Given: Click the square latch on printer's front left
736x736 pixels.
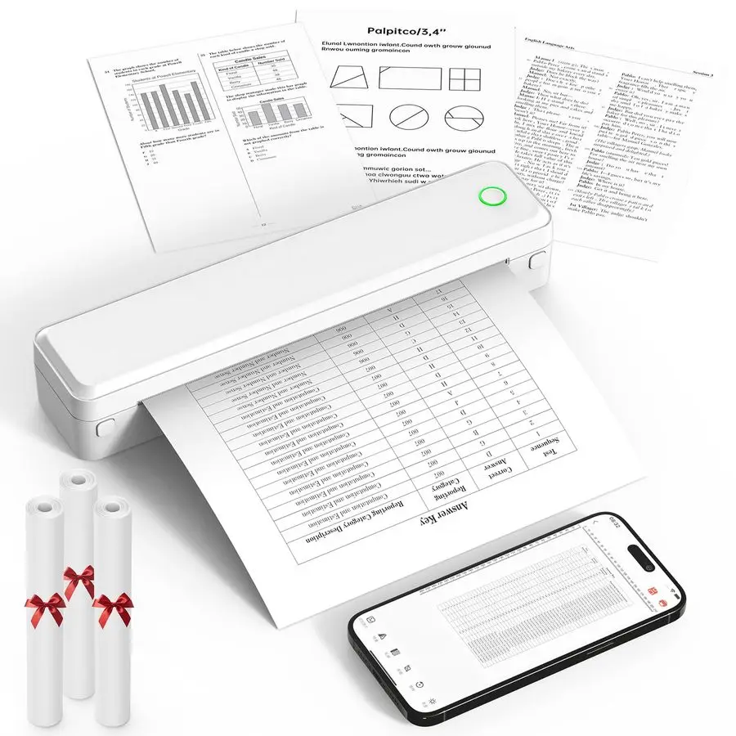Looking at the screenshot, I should (105, 427).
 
